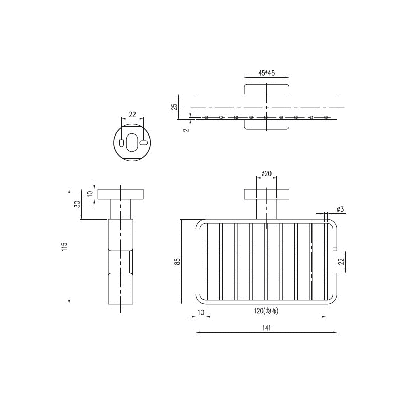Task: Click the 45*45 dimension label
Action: (x=266, y=73)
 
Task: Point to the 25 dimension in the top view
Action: (x=174, y=107)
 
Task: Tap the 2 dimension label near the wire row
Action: (x=186, y=129)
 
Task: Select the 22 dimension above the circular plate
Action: (x=132, y=115)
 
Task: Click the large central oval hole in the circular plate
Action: (x=132, y=143)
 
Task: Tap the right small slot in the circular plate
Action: (x=143, y=143)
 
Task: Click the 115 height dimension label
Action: (x=64, y=247)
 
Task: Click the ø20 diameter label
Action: (x=266, y=174)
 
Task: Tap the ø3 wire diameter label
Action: (x=340, y=209)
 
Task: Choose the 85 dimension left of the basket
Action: (x=177, y=262)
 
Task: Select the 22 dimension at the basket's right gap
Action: (x=341, y=262)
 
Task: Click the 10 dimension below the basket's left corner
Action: (x=201, y=312)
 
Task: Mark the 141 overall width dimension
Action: (x=267, y=328)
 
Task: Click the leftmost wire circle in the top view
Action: (x=207, y=118)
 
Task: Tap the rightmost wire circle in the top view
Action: (x=325, y=118)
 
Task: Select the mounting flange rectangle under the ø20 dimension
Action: (x=266, y=194)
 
